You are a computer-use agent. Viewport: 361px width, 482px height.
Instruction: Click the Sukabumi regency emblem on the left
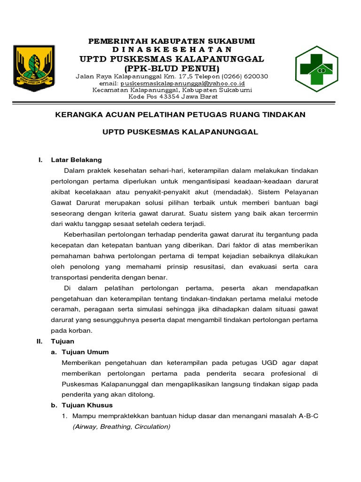tap(34, 68)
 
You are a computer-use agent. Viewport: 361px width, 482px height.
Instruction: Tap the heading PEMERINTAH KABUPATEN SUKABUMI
tap(172, 41)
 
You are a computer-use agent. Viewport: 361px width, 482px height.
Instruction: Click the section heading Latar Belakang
tap(76, 160)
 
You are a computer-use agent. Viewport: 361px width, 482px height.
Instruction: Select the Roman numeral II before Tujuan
tap(40, 341)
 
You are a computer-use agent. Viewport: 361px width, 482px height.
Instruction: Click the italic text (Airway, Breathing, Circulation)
tap(121, 426)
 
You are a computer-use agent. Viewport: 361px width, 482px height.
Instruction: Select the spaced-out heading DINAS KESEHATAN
tap(172, 49)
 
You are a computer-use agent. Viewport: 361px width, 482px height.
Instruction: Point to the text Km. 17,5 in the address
tap(164, 76)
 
